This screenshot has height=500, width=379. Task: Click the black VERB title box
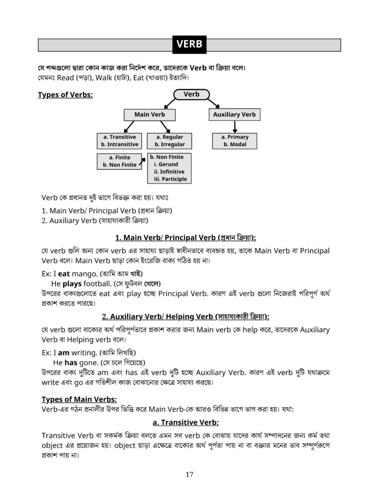(x=189, y=44)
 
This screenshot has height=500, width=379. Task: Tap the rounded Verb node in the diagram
(x=191, y=94)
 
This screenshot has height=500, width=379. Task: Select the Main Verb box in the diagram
(x=150, y=115)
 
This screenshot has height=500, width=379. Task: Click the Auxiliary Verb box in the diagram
(x=234, y=115)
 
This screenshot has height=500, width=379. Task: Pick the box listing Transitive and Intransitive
(x=119, y=141)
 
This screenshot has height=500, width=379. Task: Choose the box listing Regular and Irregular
(x=169, y=141)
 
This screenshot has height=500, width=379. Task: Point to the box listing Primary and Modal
(x=234, y=141)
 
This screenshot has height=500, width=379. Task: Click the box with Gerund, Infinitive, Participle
(x=169, y=168)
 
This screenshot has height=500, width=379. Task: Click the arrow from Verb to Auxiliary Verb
(x=213, y=102)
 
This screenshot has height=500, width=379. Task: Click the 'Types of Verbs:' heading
(x=65, y=95)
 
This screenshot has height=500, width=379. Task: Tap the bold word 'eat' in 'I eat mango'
(x=64, y=273)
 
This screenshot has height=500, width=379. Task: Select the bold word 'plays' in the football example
(x=72, y=284)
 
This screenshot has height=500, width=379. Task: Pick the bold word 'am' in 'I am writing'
(x=64, y=352)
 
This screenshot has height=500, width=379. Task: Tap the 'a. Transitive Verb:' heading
(x=186, y=423)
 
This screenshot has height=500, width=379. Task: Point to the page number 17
(x=189, y=475)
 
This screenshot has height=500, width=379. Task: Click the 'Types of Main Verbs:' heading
(x=79, y=399)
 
